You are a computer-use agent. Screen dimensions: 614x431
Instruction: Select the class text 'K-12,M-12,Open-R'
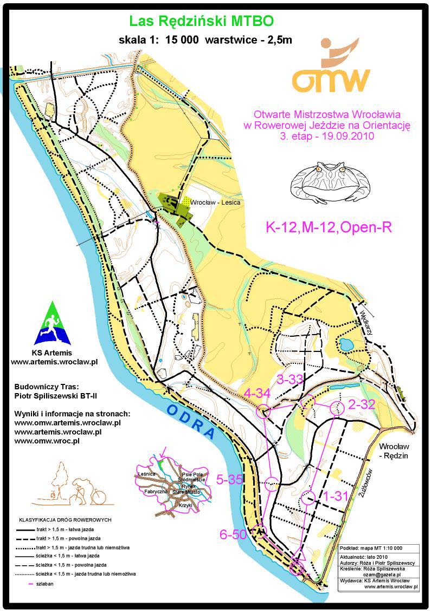click(x=328, y=227)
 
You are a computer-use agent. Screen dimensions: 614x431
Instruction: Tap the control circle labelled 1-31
click(x=308, y=497)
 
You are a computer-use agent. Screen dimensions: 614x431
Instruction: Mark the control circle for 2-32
click(x=337, y=407)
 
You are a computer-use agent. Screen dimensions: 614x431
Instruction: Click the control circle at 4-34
click(x=264, y=411)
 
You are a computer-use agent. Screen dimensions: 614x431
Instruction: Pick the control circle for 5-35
click(x=273, y=481)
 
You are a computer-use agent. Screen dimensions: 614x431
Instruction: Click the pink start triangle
click(x=299, y=553)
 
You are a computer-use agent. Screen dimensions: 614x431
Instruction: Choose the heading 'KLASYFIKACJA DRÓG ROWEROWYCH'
click(x=66, y=519)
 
